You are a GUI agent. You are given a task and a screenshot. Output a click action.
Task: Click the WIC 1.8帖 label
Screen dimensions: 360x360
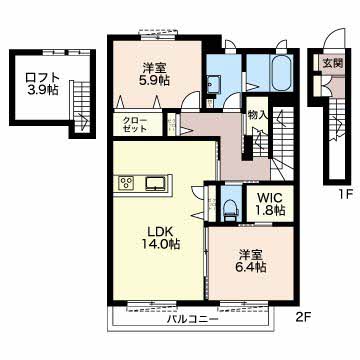[268, 204]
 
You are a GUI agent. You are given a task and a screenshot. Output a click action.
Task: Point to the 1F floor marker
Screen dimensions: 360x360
[346, 196]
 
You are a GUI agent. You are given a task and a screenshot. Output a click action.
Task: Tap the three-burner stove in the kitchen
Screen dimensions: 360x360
[128, 182]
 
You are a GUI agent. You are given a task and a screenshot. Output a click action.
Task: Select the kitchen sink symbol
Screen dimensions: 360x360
[157, 182]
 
